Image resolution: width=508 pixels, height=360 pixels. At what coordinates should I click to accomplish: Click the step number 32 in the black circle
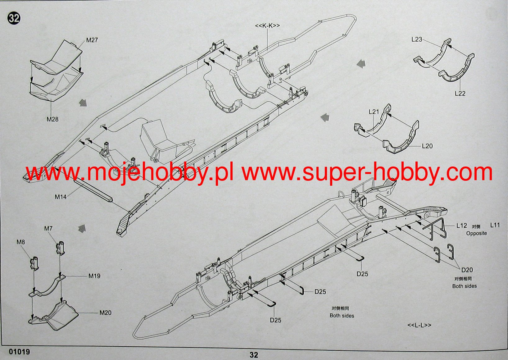coord(14,18)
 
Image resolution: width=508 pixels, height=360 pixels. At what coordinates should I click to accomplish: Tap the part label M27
coord(92,40)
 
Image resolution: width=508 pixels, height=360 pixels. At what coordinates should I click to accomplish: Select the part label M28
coord(52,119)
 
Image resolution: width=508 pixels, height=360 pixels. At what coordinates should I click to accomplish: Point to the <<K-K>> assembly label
coord(267,26)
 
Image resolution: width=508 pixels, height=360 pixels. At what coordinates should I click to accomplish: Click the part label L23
coord(417,39)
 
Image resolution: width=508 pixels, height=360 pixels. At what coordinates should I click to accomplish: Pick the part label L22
coord(460,93)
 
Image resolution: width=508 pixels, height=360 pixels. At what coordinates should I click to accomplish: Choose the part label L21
coord(374,112)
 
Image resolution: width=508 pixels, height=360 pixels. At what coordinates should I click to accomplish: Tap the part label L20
coord(427,146)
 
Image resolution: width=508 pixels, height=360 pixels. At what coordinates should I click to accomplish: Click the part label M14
coord(61,197)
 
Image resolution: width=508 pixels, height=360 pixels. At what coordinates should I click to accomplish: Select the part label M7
coord(48,229)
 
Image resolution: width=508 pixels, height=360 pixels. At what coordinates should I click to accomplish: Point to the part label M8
coord(21,242)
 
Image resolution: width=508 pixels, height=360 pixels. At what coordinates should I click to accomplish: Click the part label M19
coord(94,276)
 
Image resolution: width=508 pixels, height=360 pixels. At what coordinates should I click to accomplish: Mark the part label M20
coord(105,313)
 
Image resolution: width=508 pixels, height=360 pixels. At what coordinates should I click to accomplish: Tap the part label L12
coord(462,226)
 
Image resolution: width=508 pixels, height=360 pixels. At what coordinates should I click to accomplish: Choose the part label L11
coord(495,225)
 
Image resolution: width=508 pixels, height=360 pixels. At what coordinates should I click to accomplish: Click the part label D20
coord(467,270)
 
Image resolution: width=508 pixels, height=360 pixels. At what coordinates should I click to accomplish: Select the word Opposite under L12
coord(476,233)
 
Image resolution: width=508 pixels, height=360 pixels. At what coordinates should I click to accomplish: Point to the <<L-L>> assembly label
coord(419,325)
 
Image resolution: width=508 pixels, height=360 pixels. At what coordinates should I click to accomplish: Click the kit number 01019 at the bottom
coord(20,352)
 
